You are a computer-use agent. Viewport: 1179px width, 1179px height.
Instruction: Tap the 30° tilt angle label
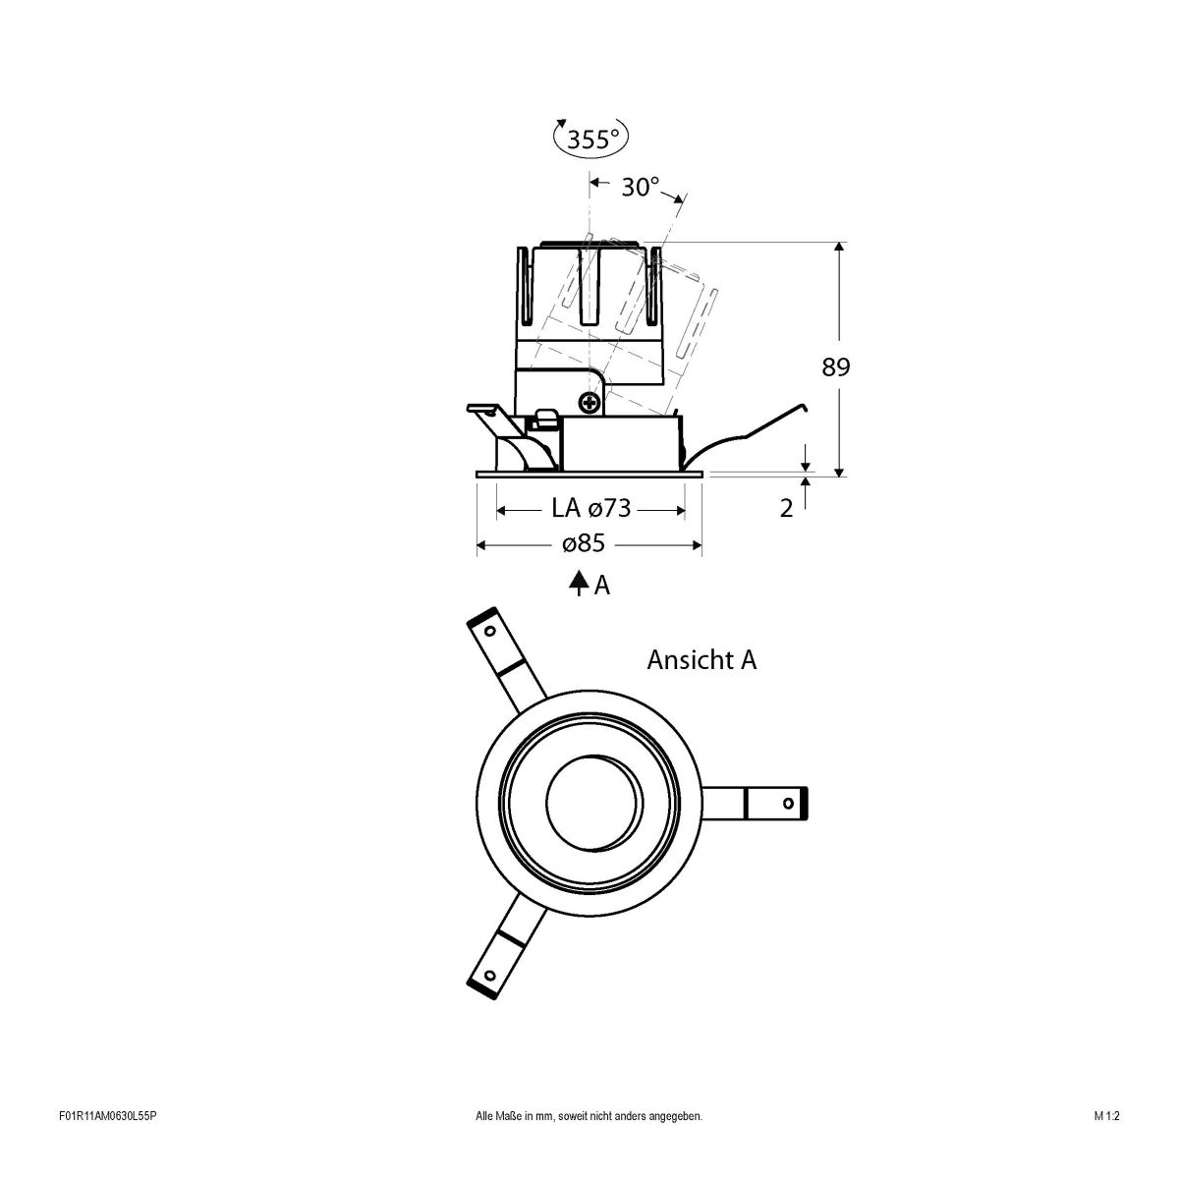tap(640, 187)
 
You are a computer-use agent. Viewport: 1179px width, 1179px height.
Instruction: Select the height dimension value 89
tap(836, 367)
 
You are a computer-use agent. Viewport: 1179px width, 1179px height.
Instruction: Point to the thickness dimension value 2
tap(786, 509)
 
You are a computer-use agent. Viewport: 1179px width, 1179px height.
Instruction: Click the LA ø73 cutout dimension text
tap(590, 509)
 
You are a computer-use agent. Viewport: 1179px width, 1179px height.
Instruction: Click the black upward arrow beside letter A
tap(578, 584)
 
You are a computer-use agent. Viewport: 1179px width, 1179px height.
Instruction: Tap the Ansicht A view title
tap(702, 660)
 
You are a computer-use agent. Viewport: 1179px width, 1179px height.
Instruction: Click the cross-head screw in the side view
tap(589, 401)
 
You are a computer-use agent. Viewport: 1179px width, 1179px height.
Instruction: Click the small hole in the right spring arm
tap(787, 803)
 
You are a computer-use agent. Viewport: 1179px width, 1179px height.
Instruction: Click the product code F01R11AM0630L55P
tap(108, 1144)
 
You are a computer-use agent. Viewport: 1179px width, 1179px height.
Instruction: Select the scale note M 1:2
tap(1106, 1144)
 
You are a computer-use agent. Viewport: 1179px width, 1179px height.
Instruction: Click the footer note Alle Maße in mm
tap(589, 1144)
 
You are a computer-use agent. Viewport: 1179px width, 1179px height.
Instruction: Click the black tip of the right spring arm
tap(806, 803)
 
